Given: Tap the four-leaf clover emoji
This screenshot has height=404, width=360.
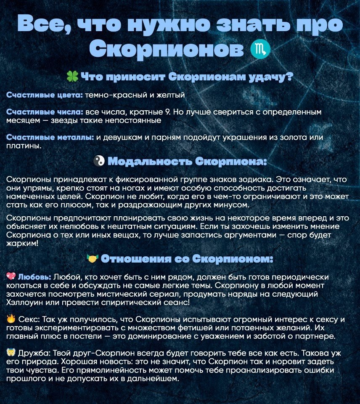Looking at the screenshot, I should coord(72,77).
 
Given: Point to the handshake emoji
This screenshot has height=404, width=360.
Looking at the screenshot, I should coord(92,259).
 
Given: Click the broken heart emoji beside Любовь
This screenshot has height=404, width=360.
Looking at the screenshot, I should coord(11,276).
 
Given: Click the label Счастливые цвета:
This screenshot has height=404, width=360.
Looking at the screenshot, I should coord(45,96).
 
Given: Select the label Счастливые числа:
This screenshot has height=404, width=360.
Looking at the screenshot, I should coord(45,112).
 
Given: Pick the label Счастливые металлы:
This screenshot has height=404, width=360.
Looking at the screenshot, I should coord(50,138).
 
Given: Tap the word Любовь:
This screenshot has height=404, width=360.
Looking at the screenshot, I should coord(35,277).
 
